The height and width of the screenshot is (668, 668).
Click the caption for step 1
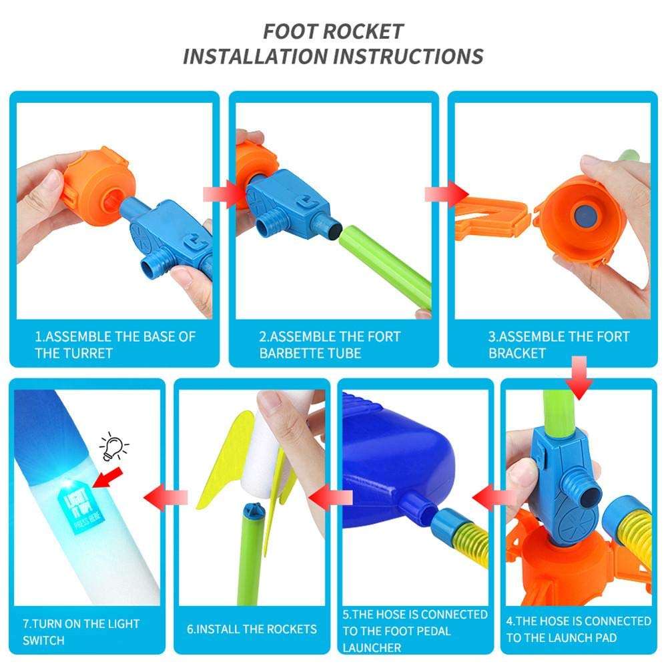pyautogui.click(x=115, y=344)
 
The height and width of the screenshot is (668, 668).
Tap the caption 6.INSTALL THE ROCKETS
pyautogui.click(x=252, y=629)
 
